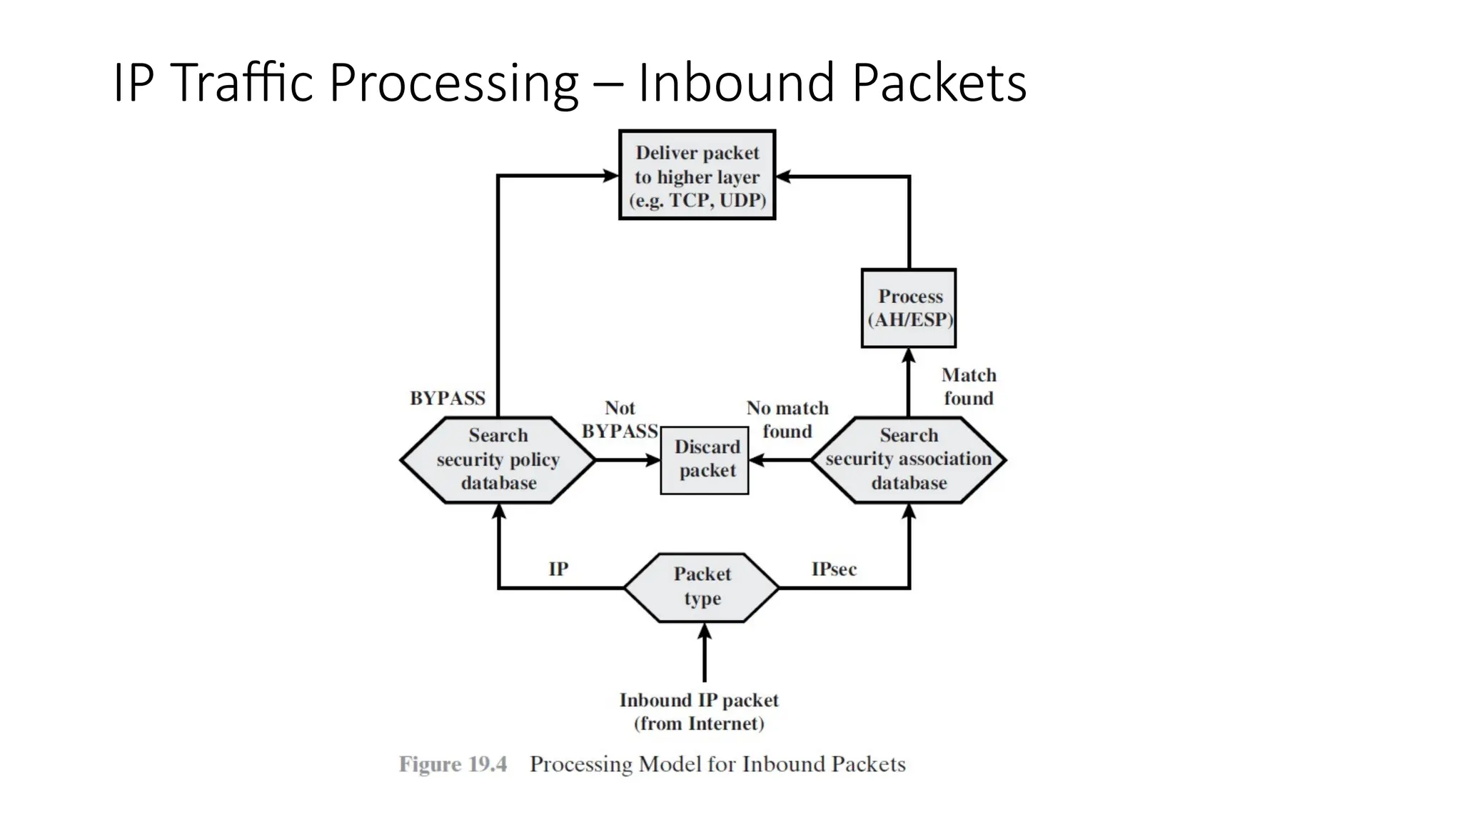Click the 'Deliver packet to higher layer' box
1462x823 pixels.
coord(697,175)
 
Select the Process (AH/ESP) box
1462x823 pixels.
coord(908,308)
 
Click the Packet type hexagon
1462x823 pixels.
coord(702,587)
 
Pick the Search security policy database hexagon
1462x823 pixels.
coord(498,459)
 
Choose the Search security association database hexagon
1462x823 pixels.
coord(908,459)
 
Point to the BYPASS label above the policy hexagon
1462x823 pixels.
coord(447,399)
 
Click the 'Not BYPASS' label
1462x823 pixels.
coord(619,419)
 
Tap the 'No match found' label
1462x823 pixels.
coord(787,419)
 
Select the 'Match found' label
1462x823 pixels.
coord(968,386)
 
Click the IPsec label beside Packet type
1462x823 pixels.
coord(833,569)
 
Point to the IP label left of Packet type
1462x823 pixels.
coord(558,569)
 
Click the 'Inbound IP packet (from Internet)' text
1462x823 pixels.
coord(699,712)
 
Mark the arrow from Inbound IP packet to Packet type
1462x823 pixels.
coord(705,654)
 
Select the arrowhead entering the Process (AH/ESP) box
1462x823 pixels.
coord(908,356)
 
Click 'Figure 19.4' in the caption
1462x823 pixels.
coord(453,764)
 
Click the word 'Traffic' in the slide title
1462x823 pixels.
coord(243,83)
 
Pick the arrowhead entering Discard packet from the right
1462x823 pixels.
coord(757,460)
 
